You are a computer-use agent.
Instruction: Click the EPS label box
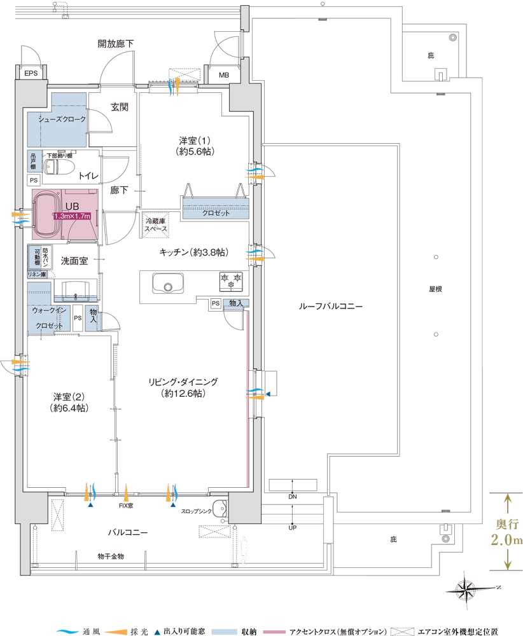[x=31, y=73]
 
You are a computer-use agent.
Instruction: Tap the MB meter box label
[x=223, y=75]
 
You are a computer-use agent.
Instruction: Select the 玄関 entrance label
[x=120, y=107]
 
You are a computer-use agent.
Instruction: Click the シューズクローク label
[x=62, y=120]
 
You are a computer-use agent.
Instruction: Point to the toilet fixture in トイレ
[x=58, y=167]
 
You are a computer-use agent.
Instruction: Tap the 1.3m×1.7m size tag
[x=73, y=216]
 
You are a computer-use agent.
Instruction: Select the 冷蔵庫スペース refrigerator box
[x=156, y=225]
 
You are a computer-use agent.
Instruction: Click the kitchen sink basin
[x=168, y=283]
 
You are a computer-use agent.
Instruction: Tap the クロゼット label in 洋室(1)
[x=216, y=213]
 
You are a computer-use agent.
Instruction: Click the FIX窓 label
[x=126, y=506]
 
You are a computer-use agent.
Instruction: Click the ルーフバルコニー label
[x=331, y=307]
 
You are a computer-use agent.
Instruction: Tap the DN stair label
[x=293, y=497]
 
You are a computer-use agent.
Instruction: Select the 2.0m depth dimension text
[x=506, y=540]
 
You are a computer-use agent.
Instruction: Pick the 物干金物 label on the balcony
[x=111, y=556]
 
